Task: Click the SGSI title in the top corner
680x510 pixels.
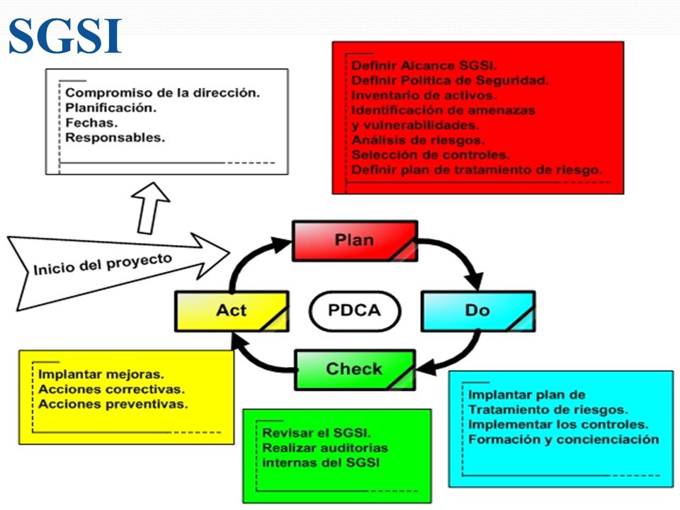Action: click(x=65, y=35)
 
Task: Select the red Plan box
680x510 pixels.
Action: click(x=355, y=241)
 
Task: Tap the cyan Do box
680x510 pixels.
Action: click(x=478, y=311)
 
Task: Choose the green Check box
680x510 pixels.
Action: click(x=355, y=370)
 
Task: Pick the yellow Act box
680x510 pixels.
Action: click(x=232, y=311)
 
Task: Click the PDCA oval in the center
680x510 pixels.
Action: click(x=355, y=310)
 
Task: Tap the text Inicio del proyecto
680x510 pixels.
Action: click(x=103, y=264)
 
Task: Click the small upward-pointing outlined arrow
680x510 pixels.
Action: click(x=149, y=208)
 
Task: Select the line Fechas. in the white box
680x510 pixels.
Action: click(x=91, y=123)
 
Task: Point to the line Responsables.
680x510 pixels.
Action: click(x=115, y=137)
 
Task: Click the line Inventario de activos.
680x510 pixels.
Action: click(x=424, y=96)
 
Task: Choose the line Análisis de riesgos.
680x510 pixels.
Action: click(x=418, y=140)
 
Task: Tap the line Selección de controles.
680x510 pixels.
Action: click(x=431, y=155)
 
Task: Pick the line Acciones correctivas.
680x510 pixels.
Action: click(x=111, y=390)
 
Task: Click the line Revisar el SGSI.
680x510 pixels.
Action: click(x=317, y=433)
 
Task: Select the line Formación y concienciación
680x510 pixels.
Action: click(x=563, y=440)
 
